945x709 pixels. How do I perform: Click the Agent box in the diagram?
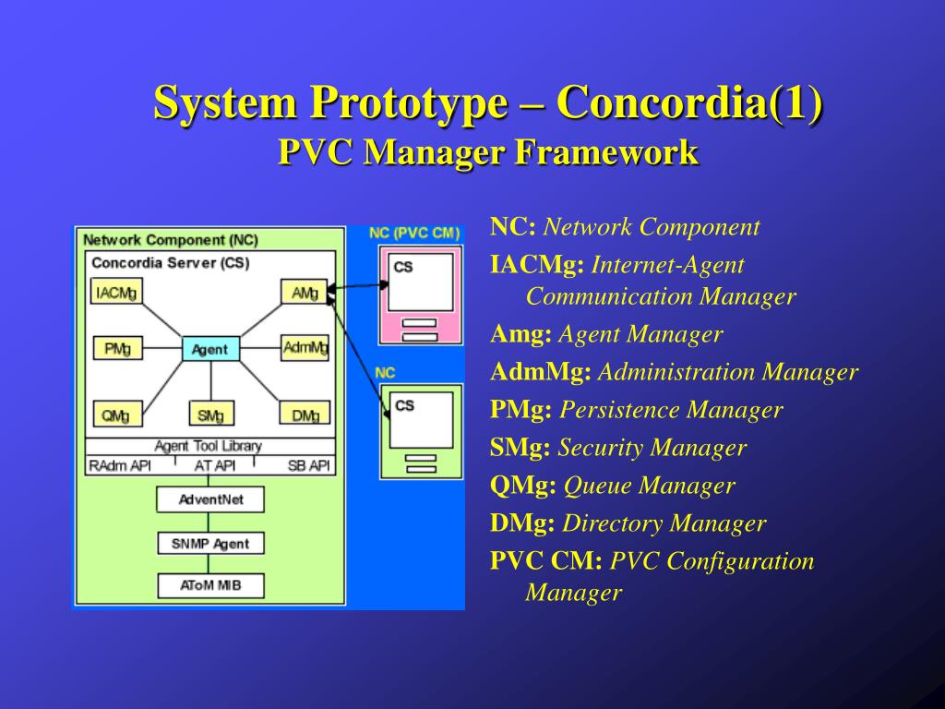[x=210, y=349]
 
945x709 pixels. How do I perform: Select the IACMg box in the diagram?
[x=116, y=293]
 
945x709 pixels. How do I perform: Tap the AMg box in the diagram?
[x=305, y=293]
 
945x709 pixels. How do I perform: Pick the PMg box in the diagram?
[x=117, y=348]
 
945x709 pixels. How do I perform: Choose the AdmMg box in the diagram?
[x=305, y=348]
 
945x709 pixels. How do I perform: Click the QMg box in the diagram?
[x=116, y=415]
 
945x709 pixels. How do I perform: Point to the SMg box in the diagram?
[x=210, y=415]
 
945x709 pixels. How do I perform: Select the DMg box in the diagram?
[x=305, y=415]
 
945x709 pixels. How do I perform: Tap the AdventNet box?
[x=210, y=500]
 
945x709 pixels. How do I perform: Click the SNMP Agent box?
[x=210, y=543]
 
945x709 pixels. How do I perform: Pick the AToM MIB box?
[x=210, y=585]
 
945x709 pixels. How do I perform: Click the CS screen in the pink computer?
[x=421, y=282]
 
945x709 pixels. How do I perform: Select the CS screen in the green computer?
[x=421, y=419]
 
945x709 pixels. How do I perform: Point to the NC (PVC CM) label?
[x=414, y=234]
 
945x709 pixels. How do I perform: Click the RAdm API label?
[x=119, y=466]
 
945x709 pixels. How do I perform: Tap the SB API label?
[x=308, y=466]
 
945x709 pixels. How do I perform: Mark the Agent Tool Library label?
[x=209, y=446]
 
